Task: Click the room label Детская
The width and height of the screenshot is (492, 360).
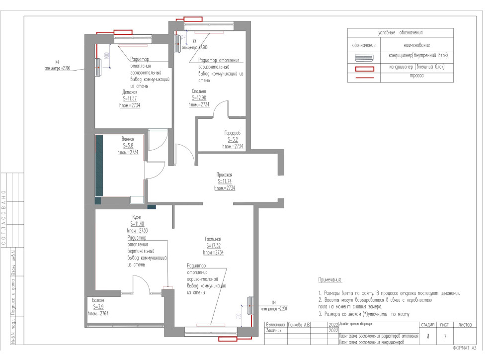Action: (130, 92)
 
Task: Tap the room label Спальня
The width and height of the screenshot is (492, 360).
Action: (199, 91)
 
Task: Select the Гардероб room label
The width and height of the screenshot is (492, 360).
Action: (232, 133)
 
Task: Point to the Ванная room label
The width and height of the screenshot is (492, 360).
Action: (128, 139)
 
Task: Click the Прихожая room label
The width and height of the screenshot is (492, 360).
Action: (224, 175)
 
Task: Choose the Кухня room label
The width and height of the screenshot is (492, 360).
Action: (137, 217)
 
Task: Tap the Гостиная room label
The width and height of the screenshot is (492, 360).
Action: (214, 239)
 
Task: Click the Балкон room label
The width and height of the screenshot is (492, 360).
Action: (98, 300)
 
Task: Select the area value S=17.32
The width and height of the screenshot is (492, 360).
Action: (214, 246)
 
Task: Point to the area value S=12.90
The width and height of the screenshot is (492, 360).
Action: (199, 98)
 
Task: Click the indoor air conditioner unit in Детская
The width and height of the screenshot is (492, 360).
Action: (98, 68)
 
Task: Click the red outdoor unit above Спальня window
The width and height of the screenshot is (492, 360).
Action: (193, 19)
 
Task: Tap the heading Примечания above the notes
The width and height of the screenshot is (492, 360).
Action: (330, 280)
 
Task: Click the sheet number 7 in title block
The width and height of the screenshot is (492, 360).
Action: (445, 337)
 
